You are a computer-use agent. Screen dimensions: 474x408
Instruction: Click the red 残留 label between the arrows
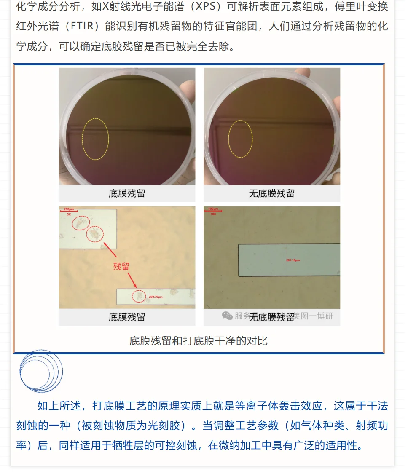(x=121, y=266)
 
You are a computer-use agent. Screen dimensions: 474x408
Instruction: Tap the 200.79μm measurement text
(x=156, y=297)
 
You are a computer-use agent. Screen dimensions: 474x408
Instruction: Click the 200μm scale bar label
(x=69, y=209)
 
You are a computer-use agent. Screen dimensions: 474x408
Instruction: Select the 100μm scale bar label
(x=213, y=209)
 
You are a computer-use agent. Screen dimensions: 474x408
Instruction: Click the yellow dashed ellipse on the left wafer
(x=95, y=139)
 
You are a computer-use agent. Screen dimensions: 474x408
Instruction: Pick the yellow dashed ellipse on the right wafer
(x=240, y=139)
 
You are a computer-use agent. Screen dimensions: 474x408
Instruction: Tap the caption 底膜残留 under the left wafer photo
(x=127, y=193)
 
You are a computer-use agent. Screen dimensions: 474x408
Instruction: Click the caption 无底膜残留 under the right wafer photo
(x=271, y=193)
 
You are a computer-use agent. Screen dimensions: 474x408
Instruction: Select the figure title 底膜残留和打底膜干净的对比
(x=199, y=340)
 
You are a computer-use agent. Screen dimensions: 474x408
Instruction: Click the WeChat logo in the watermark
(x=227, y=316)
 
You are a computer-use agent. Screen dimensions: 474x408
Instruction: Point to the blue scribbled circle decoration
(x=41, y=371)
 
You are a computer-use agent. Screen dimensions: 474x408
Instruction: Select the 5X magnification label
(x=68, y=214)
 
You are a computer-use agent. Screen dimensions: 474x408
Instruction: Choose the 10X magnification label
(x=213, y=214)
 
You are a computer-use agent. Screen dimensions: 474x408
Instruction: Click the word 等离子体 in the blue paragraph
(x=256, y=406)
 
